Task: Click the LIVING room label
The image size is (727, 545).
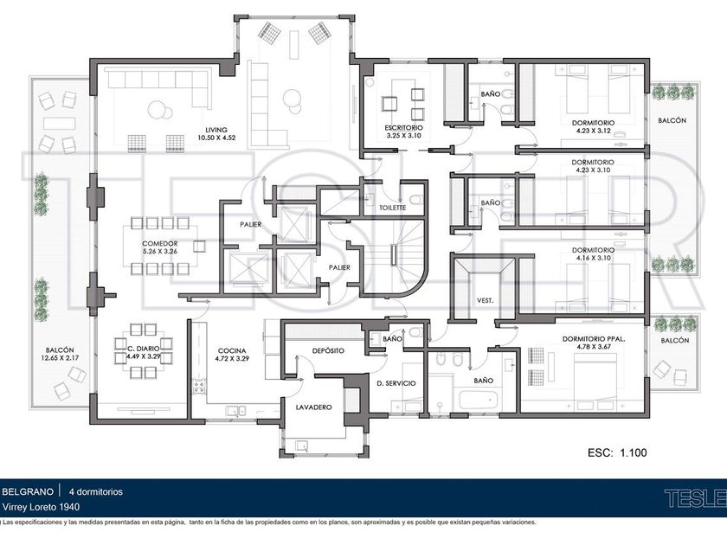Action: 216,131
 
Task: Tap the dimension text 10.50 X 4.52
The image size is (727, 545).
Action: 216,138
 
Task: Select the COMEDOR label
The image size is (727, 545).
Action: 160,244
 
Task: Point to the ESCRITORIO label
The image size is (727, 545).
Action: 403,128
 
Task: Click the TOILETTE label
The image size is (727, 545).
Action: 393,208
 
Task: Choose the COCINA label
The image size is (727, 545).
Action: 232,351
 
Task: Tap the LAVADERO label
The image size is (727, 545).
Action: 314,407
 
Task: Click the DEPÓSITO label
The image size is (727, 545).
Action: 328,351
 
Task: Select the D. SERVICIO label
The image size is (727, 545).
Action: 396,383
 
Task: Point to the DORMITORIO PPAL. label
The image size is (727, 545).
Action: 594,339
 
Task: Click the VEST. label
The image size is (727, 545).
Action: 485,301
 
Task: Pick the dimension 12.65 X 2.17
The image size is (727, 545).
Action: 60,358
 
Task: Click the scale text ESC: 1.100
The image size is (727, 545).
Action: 617,452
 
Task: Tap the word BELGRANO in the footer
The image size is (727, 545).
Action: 28,491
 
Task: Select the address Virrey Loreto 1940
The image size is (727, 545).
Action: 41,507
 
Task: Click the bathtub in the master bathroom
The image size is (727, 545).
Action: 479,401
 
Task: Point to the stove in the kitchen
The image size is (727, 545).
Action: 199,386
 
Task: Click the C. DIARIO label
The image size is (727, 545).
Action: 144,349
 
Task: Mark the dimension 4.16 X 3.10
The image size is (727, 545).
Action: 593,258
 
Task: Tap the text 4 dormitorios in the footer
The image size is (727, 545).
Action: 96,491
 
